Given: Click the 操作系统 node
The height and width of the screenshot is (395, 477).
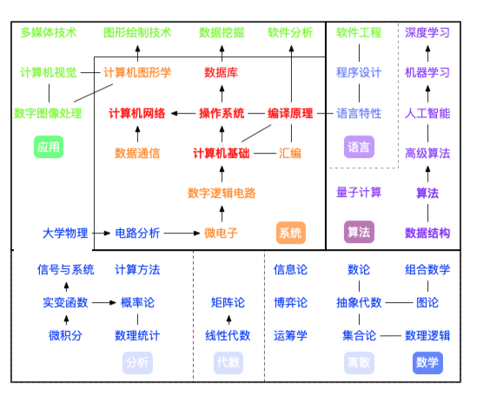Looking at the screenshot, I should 222,113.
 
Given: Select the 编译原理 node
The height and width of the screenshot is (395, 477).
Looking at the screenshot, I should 290,113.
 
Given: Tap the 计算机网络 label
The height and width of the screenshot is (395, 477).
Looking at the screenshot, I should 137,113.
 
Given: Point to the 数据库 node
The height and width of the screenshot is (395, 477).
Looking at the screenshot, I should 221,72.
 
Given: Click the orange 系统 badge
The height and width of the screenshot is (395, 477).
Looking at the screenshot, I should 291,233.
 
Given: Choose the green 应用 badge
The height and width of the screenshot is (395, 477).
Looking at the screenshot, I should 49,147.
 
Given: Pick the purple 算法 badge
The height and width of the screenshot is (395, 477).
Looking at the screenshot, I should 359,233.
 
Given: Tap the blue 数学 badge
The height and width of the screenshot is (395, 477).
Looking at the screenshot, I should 427,362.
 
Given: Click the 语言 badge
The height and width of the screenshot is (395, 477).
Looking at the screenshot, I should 359,147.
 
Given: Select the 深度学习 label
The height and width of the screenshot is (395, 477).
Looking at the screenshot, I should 427,33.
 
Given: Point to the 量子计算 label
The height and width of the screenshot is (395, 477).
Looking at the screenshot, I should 359,192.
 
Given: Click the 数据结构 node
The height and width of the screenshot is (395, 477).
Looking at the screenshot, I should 427,233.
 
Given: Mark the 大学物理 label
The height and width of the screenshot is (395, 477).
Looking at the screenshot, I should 65,233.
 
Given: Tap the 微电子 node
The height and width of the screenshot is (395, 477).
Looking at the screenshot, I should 221,233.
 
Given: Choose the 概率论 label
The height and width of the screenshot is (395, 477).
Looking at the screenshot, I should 137,302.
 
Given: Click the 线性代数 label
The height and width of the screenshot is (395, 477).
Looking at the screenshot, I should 228,335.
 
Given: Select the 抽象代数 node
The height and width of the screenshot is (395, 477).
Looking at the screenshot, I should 359,302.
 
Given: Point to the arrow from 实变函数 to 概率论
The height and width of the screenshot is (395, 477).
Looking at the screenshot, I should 103,302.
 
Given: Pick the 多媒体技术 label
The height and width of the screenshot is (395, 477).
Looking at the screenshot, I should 49,33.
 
